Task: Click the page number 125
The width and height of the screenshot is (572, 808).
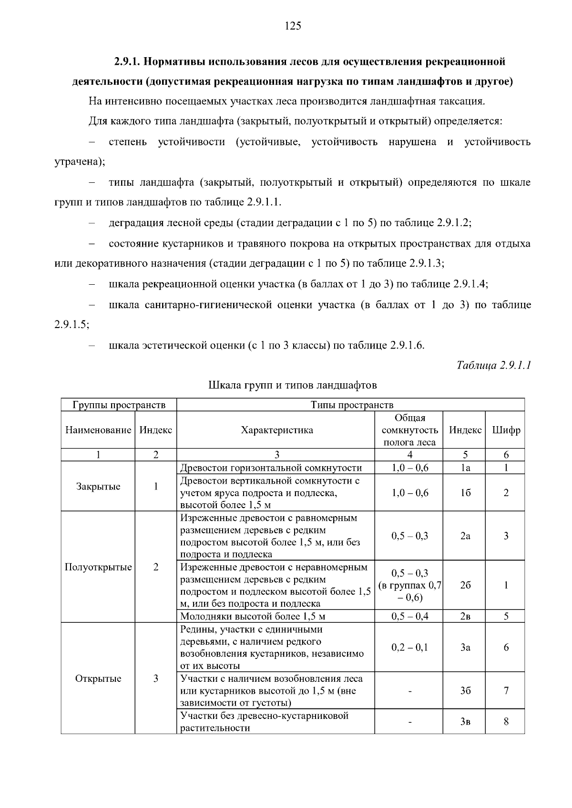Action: click(293, 26)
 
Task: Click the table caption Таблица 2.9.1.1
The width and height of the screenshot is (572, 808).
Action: click(493, 365)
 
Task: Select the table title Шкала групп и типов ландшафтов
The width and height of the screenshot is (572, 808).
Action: click(293, 385)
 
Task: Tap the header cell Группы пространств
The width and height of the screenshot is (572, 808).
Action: click(119, 405)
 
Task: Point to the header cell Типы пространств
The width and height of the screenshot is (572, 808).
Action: click(352, 405)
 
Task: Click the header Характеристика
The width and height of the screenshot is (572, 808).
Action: click(277, 430)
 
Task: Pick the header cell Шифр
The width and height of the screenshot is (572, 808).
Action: click(506, 430)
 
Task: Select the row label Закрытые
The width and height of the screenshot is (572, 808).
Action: click(98, 487)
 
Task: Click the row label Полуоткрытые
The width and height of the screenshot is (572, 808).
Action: click(98, 567)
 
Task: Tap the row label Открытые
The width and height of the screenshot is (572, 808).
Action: click(98, 678)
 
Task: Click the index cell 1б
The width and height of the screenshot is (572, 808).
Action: click(465, 493)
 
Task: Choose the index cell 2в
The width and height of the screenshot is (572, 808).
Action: click(465, 616)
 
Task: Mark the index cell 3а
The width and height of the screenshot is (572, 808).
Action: click(465, 647)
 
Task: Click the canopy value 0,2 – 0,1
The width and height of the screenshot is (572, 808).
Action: click(409, 647)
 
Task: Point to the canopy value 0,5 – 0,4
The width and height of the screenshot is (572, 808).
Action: click(409, 616)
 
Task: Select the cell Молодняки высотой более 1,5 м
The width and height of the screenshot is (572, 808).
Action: click(253, 617)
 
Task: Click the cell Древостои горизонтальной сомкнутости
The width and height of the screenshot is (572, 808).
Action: click(271, 468)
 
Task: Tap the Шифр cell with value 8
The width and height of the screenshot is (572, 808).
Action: click(506, 721)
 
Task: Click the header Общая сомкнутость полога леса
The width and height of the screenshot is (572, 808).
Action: click(409, 430)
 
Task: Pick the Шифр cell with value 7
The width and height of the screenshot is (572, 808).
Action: click(506, 690)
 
